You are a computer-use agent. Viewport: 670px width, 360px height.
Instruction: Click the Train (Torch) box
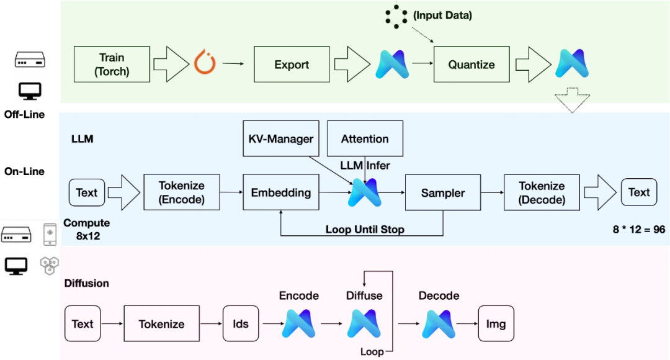tap(112, 65)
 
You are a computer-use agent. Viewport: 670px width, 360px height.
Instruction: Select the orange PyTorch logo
tap(205, 63)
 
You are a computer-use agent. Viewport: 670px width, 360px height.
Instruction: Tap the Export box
tap(292, 65)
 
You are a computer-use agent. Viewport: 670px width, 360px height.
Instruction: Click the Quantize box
tap(471, 65)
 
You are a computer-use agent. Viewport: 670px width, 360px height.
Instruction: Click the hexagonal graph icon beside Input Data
tap(395, 16)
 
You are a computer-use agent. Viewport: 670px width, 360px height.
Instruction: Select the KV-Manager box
tap(280, 139)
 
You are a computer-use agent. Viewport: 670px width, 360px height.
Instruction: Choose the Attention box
tap(365, 139)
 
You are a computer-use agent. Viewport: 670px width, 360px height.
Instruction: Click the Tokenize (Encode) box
tap(181, 192)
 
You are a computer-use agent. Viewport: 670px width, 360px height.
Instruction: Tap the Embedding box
tap(280, 192)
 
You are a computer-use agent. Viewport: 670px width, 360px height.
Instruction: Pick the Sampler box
tap(443, 193)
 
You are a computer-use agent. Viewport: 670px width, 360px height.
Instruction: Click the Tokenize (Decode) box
tap(542, 192)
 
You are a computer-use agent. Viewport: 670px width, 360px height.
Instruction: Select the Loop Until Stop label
tap(365, 230)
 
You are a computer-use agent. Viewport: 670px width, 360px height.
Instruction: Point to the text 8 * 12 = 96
tap(639, 230)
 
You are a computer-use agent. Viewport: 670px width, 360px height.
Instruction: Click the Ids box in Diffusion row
tap(241, 324)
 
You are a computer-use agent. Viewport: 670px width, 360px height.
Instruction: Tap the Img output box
tap(496, 324)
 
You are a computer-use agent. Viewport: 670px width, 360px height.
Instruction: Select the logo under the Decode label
tap(439, 323)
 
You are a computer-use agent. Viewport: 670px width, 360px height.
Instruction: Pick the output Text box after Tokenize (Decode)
tap(638, 192)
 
